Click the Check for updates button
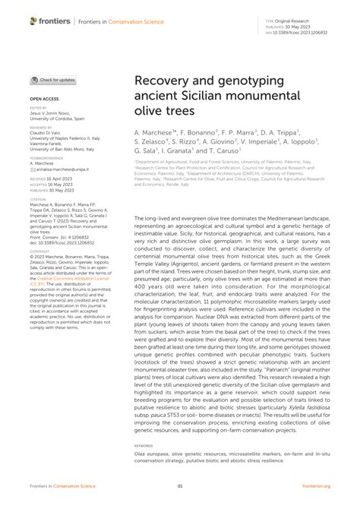point(52,80)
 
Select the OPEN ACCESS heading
point(45,100)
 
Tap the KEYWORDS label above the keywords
point(144,446)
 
